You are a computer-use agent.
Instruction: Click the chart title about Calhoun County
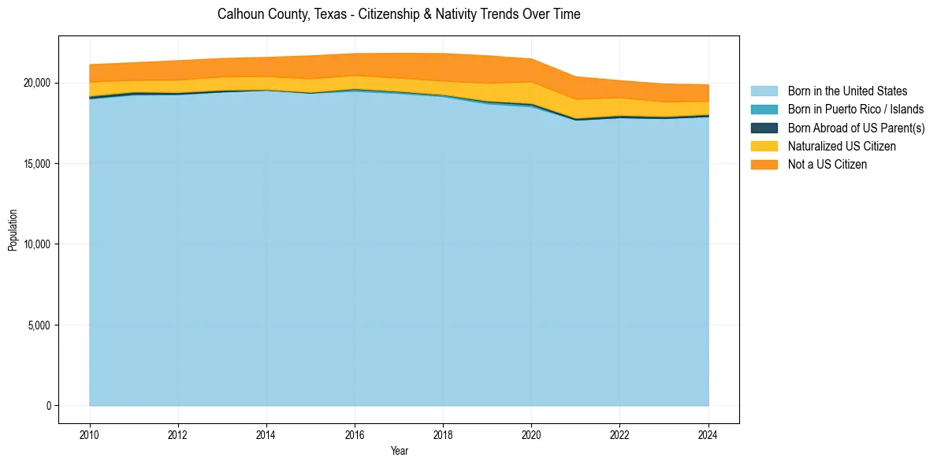tap(398, 14)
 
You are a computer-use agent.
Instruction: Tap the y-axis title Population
tap(13, 230)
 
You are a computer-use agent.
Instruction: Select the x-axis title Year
tap(399, 451)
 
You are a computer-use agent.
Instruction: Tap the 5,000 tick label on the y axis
tap(37, 325)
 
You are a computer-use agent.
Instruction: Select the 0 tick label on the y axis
tap(48, 406)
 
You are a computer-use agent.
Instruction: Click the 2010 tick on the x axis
tap(90, 433)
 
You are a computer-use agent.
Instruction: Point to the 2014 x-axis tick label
tap(266, 433)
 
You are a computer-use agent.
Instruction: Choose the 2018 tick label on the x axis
tap(443, 433)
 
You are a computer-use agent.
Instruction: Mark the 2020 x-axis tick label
tap(531, 433)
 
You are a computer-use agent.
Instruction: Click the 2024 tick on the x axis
tap(708, 433)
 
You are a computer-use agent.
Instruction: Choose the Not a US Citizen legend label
tap(827, 164)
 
